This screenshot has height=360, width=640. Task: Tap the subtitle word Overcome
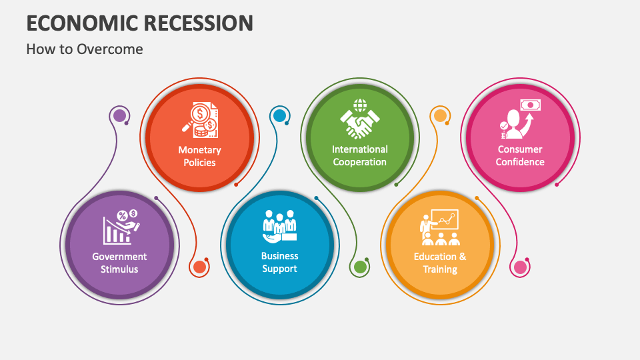click(x=110, y=49)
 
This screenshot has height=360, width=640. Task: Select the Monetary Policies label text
click(x=199, y=156)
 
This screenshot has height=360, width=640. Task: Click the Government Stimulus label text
click(x=119, y=263)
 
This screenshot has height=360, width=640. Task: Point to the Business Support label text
click(x=279, y=262)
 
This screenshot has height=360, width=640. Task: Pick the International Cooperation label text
click(x=359, y=155)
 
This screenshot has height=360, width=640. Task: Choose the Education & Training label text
click(x=440, y=263)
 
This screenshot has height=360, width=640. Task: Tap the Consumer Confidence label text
click(x=520, y=155)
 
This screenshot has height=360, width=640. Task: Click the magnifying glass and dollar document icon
click(x=200, y=120)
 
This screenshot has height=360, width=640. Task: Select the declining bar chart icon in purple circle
click(x=121, y=227)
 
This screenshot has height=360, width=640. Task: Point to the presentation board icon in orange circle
click(x=440, y=227)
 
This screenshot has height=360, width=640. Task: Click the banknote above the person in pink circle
click(x=531, y=105)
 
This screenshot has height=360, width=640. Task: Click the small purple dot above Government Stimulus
click(x=119, y=115)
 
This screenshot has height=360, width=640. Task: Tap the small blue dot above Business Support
click(x=279, y=115)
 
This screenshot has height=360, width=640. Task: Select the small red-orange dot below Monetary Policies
click(x=199, y=267)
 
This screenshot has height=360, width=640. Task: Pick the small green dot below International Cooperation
click(x=359, y=267)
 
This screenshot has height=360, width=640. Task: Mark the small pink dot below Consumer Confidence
click(x=520, y=267)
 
